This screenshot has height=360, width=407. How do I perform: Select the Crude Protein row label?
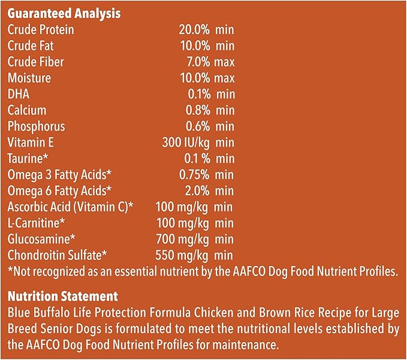tap(40, 29)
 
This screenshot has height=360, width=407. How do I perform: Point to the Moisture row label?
tap(29, 78)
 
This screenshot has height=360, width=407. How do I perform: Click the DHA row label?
tap(18, 94)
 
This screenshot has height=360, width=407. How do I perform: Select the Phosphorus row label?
tap(37, 126)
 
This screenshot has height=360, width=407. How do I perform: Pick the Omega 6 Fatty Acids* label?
tap(59, 191)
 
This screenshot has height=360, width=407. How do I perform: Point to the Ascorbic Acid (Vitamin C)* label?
tap(70, 207)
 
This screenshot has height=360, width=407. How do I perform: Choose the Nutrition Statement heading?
tap(62, 297)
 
